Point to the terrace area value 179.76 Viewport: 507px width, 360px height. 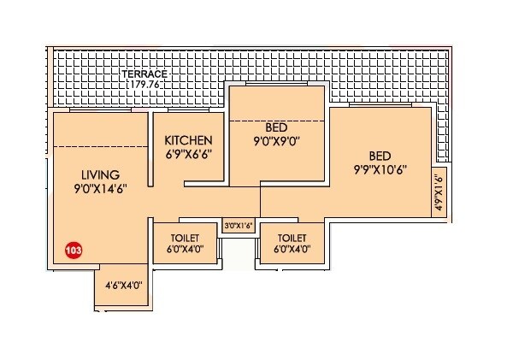143,85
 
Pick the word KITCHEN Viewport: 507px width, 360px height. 189,140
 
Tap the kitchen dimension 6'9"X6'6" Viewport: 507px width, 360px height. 189,155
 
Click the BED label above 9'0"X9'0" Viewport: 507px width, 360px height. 276,127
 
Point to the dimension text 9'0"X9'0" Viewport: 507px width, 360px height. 276,141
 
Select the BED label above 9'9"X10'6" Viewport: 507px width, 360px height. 380,156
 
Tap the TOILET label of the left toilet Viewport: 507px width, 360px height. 185,237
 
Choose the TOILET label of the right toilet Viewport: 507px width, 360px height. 292,237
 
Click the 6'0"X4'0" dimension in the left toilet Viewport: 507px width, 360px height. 185,250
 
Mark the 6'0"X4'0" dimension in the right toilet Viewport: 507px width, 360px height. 292,250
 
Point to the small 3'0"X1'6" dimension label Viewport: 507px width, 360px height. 239,227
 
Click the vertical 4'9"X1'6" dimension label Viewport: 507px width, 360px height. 437,193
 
